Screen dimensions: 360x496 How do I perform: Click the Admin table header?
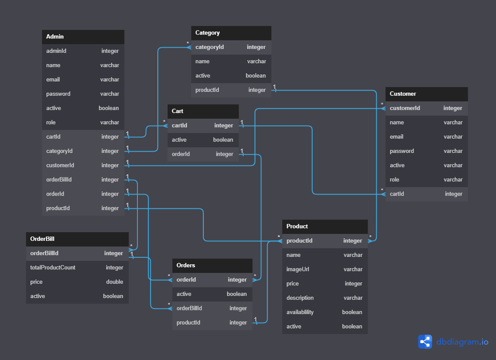point(55,37)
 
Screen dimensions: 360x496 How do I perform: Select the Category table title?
point(208,33)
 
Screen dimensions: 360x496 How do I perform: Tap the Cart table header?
point(178,111)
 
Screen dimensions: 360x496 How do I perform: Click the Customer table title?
point(403,94)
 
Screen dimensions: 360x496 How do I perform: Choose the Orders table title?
point(186,266)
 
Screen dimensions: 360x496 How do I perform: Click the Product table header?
point(297,227)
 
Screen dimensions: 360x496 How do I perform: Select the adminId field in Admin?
point(56,51)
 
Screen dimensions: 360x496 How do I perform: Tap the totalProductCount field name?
point(53,268)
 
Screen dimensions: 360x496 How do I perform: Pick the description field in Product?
point(300,298)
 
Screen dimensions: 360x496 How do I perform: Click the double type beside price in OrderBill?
point(114,282)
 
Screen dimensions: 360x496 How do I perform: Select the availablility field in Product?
point(300,312)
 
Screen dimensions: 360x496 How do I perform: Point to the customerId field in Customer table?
point(405,108)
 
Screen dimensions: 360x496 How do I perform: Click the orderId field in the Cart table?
point(181,154)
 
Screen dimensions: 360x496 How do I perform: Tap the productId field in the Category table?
point(207,90)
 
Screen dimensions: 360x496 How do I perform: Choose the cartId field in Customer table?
point(397,194)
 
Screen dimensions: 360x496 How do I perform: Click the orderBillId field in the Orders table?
point(189,308)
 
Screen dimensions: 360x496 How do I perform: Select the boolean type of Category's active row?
point(255,76)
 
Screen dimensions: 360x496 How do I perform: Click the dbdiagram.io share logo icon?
point(425,342)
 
